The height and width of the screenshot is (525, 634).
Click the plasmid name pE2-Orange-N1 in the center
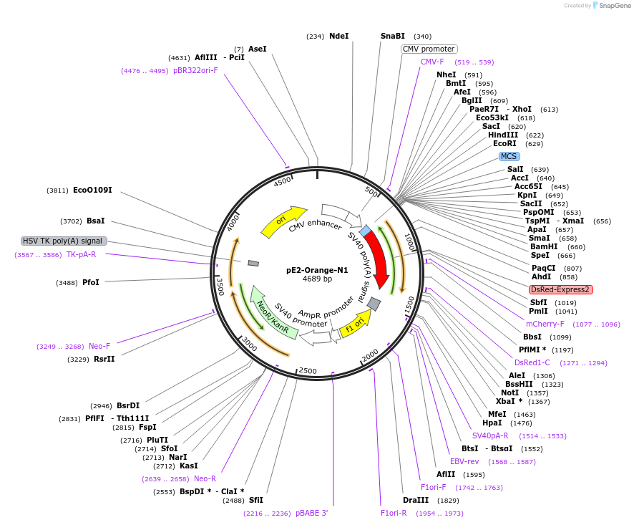317,270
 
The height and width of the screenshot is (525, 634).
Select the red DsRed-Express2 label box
560,289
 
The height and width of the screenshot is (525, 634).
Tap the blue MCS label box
509,156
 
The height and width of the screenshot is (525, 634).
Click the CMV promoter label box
429,49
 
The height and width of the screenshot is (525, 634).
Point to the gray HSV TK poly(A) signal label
64,241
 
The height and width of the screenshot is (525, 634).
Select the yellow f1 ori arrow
356,322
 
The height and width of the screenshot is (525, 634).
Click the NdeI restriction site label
338,36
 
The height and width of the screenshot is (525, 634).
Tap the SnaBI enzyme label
392,36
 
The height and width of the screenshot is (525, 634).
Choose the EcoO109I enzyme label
92,191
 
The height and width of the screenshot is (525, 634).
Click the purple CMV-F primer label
432,62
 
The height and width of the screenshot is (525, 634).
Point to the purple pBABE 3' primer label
311,513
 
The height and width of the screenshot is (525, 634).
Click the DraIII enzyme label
416,500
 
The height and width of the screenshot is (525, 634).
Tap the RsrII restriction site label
104,359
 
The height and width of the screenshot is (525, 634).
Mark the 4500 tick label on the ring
283,182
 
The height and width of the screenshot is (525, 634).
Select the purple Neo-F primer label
99,346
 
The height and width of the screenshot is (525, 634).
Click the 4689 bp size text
317,279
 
